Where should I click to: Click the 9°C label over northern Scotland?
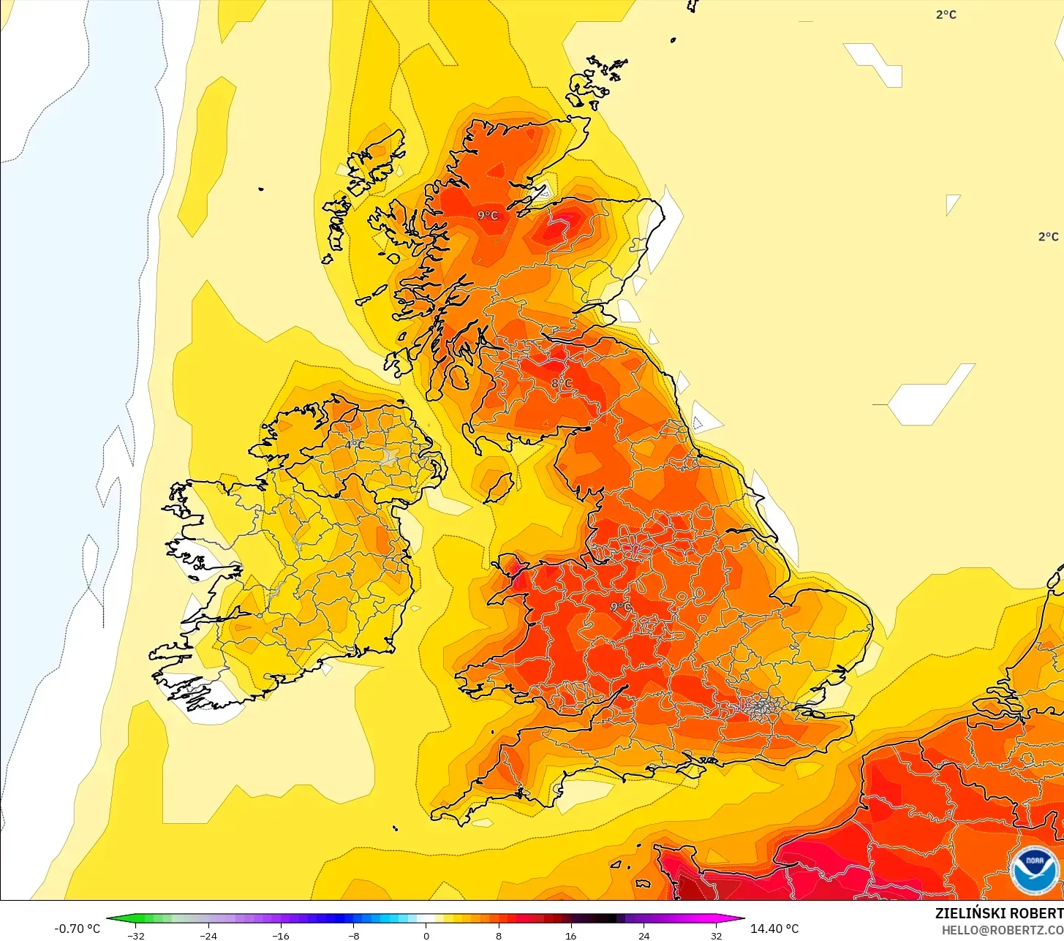click(488, 215)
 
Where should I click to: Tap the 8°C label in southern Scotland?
click(561, 383)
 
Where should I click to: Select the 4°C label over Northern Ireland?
click(355, 445)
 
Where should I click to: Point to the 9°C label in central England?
click(620, 607)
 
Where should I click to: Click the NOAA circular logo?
click(1035, 870)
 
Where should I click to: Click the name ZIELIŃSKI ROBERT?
click(999, 913)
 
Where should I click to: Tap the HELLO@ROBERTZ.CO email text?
click(1002, 930)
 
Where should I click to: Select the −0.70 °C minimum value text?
click(78, 929)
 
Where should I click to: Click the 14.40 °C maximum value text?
click(774, 929)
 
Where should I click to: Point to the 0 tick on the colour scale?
click(426, 935)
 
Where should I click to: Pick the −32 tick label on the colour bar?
click(136, 935)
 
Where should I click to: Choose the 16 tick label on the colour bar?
click(571, 935)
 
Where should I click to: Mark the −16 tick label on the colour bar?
click(281, 935)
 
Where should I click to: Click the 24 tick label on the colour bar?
click(644, 935)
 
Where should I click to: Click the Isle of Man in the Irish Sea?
click(499, 488)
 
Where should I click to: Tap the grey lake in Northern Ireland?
click(388, 458)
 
